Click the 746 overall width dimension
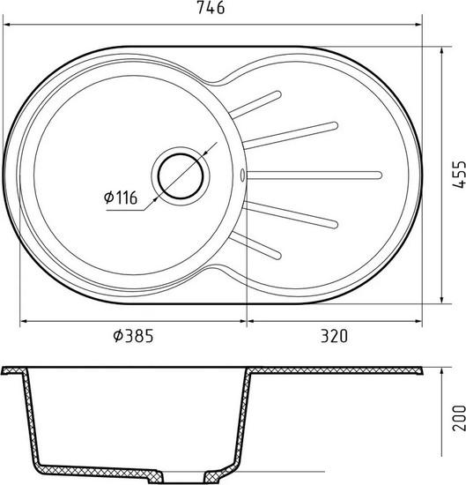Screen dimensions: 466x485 211,8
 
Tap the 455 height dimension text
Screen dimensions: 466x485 459,174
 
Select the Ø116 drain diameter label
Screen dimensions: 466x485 121,198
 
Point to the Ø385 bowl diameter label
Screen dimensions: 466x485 133,336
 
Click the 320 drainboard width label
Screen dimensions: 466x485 334,336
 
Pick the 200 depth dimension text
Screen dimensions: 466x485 459,418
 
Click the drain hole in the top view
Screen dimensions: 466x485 181,176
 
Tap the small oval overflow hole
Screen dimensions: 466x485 242,175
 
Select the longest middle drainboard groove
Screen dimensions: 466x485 314,175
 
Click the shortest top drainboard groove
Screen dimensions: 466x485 255,104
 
